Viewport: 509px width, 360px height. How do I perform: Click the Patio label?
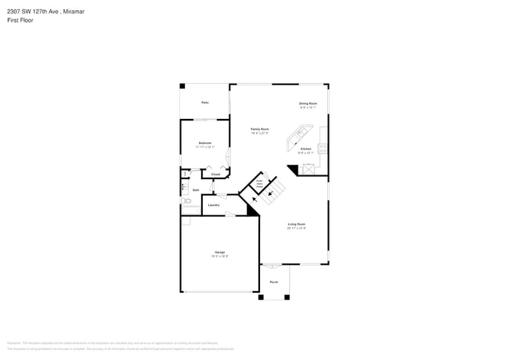[204, 103]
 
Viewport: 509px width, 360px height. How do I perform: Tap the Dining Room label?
[308, 103]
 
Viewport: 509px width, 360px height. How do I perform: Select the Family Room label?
[260, 129]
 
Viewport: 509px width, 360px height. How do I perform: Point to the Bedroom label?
[204, 143]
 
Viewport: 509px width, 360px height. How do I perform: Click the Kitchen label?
[305, 149]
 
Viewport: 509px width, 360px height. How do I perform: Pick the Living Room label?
[296, 225]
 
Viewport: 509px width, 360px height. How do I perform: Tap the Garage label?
[219, 252]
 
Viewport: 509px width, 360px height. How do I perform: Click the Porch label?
[274, 282]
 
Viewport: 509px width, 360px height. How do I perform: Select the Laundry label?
[213, 205]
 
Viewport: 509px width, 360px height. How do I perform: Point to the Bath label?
[196, 190]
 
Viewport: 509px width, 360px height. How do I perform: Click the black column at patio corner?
[182, 85]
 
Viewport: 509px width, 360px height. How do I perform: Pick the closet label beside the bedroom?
[215, 174]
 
